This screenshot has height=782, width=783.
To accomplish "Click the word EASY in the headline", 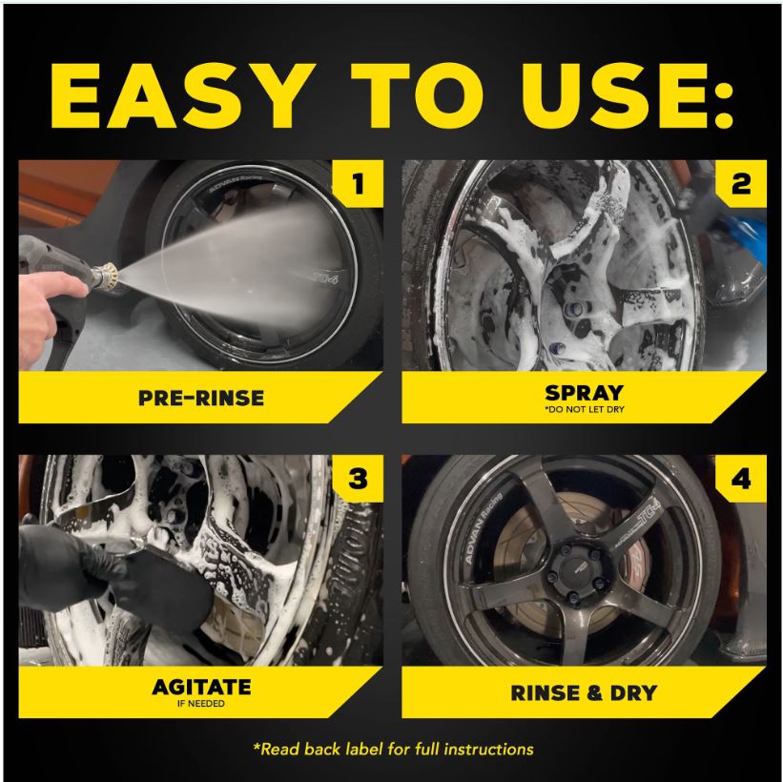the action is [177, 96].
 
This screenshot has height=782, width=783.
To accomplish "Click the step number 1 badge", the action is [358, 184].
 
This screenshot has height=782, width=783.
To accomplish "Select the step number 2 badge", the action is [741, 184].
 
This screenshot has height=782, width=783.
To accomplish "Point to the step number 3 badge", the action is [358, 479].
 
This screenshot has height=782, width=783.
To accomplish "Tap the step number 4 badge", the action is [741, 479].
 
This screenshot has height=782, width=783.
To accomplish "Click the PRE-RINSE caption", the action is [201, 398].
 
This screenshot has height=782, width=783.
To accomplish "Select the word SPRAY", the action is [584, 393].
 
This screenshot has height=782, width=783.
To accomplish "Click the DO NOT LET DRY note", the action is [585, 409].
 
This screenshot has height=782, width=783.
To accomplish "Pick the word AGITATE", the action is [201, 688].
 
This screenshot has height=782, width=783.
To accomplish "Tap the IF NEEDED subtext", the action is [200, 704].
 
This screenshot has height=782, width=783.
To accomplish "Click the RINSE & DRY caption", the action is [584, 692].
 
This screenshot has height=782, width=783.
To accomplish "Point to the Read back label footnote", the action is [393, 749].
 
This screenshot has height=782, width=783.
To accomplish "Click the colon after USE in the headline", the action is [722, 96].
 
